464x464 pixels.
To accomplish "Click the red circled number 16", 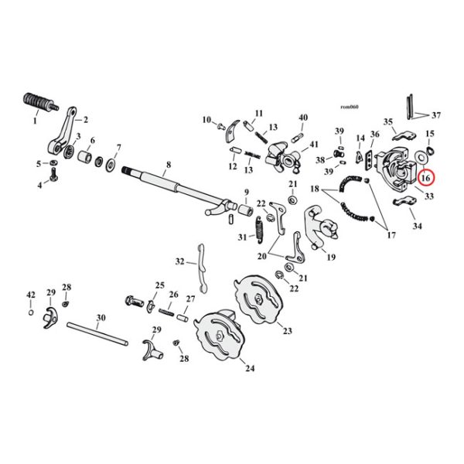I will click(x=425, y=179).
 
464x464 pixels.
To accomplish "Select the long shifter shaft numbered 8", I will click(x=170, y=186).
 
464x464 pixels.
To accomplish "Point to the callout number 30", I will click(x=101, y=318).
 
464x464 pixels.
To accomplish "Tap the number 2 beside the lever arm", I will click(x=86, y=120).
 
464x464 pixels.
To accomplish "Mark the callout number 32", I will click(x=179, y=261).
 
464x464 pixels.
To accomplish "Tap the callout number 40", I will click(x=302, y=118).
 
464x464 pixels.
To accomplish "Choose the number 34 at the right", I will click(x=418, y=227).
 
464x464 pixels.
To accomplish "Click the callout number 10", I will click(x=207, y=120).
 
